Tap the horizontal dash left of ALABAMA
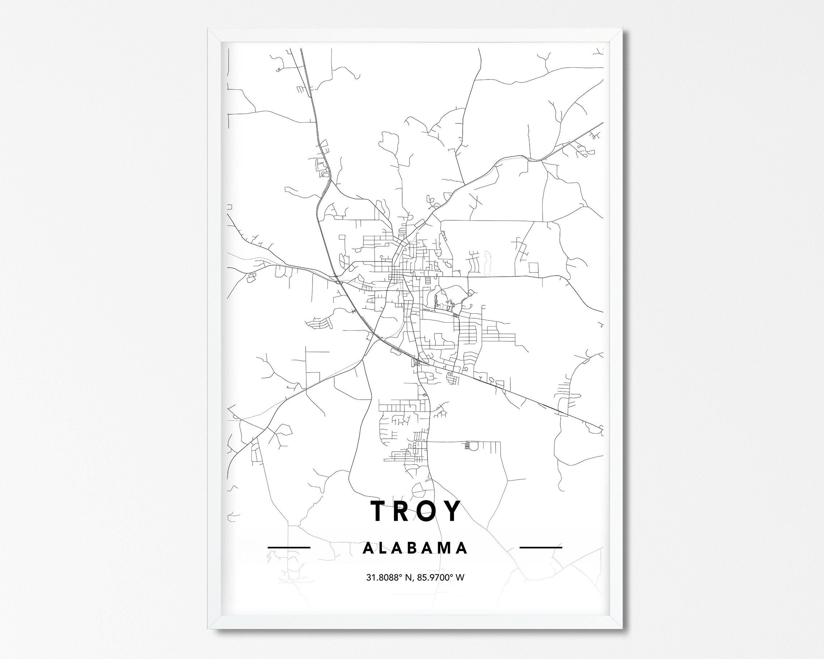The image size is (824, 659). tap(289, 547)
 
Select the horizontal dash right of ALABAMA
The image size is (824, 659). tap(541, 547)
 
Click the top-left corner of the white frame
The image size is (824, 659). tap(209, 30)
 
